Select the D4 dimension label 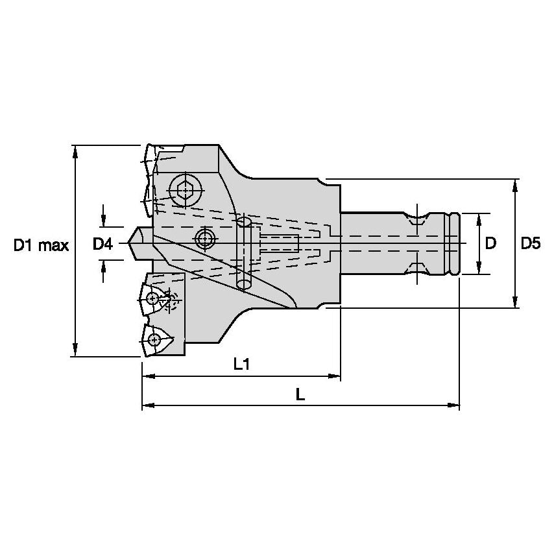102,245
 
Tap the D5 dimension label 530,244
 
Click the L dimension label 300,394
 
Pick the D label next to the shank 490,244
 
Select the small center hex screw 206,239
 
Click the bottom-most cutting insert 156,339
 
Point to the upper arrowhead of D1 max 75,151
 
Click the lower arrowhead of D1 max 75,350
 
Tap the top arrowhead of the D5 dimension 516,186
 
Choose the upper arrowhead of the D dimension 479,218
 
